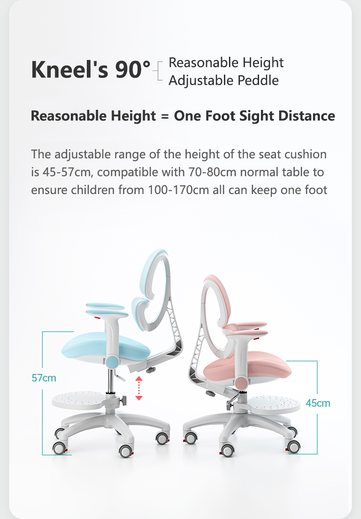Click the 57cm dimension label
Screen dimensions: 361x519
pos(43,378)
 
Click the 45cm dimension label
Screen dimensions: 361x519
pos(318,403)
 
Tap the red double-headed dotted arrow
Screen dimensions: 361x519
pos(139,388)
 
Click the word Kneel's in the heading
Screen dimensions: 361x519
pos(69,70)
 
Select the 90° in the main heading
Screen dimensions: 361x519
pos(133,70)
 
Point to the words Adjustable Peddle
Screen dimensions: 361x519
pos(223,81)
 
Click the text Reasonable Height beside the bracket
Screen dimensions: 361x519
pos(226,63)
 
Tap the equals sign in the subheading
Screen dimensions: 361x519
pos(165,116)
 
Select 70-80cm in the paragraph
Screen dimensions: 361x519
pos(212,172)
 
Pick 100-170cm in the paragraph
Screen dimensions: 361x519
pos(178,190)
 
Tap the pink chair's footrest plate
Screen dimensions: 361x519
pos(274,404)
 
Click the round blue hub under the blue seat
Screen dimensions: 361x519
pos(112,361)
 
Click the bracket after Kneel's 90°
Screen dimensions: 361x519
pos(159,71)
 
